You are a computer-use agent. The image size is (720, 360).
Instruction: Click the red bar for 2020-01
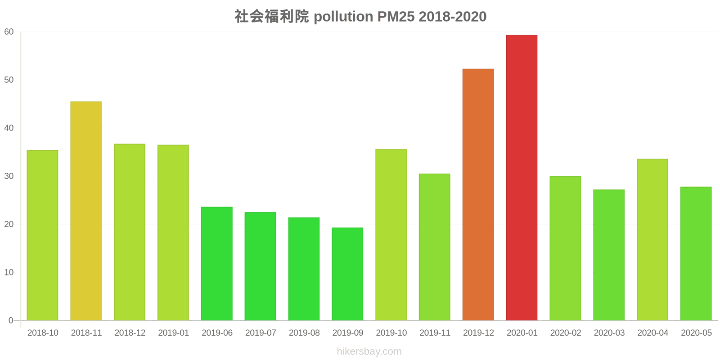tap(522, 178)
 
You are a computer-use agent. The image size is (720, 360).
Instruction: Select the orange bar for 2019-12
tap(478, 194)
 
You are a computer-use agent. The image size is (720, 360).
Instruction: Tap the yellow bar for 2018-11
tap(86, 211)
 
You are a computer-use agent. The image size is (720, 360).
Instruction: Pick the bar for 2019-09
tap(347, 274)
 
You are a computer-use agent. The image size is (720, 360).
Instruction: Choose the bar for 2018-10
tap(42, 235)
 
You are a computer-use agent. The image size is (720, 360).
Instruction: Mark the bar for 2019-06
tap(217, 263)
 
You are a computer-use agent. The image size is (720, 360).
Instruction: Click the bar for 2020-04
tap(652, 239)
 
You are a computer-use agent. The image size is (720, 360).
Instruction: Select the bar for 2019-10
tap(391, 234)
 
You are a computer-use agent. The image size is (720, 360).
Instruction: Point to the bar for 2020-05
tap(696, 253)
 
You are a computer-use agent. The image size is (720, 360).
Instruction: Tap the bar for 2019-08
tap(304, 269)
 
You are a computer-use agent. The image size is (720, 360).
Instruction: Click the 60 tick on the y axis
tap(9, 32)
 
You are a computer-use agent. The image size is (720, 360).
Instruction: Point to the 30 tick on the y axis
tap(9, 176)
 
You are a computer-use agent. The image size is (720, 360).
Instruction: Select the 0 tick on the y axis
tap(11, 320)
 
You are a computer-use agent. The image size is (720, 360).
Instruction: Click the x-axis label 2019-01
tap(173, 333)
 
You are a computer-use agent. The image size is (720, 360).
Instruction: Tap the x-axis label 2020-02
tap(565, 333)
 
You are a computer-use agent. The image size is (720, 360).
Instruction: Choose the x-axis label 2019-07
tap(261, 333)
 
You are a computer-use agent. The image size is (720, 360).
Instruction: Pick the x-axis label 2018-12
tap(130, 333)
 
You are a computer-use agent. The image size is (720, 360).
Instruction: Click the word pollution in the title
tap(343, 17)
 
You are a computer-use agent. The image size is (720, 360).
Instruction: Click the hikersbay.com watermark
tap(369, 351)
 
